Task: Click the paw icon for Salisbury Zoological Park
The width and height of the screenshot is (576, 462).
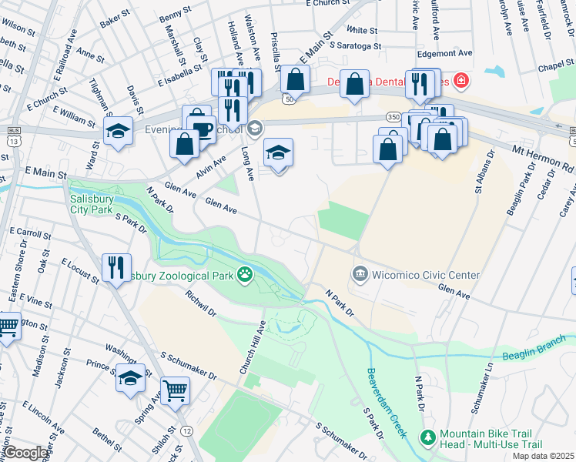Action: [x=245, y=275]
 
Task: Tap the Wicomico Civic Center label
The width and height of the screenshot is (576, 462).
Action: [x=426, y=275]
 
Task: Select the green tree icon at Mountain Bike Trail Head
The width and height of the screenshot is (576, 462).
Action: [x=427, y=437]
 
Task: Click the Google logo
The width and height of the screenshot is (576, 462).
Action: [x=25, y=453]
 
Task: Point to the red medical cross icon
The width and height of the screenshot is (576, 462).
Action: [x=460, y=80]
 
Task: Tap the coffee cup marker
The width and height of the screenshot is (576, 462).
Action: [x=202, y=129]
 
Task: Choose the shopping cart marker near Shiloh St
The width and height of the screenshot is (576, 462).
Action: [x=176, y=390]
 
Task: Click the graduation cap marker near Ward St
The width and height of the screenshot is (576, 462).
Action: [x=118, y=131]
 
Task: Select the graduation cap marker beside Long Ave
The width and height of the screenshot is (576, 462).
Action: [x=279, y=152]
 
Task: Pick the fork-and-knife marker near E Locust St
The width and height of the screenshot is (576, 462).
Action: [x=116, y=268]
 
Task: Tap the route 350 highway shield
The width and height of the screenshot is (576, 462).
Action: [x=393, y=117]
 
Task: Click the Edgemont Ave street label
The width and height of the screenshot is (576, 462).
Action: [x=444, y=53]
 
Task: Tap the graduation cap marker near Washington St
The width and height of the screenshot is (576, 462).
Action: [x=130, y=379]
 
